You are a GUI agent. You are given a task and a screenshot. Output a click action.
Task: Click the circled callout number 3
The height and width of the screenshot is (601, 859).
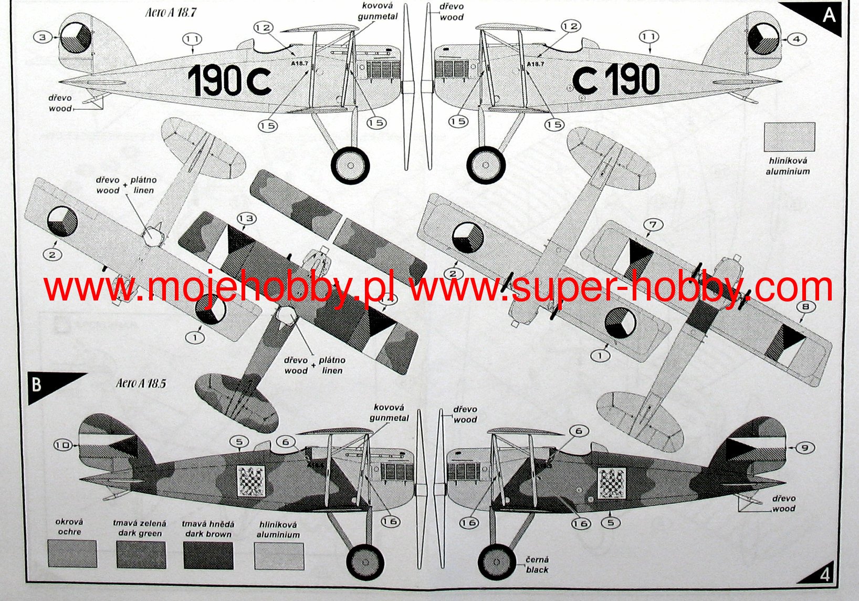[43, 37]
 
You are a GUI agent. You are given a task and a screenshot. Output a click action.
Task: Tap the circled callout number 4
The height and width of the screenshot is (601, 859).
[797, 39]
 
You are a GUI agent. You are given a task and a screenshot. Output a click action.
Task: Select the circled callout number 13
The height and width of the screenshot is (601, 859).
[247, 219]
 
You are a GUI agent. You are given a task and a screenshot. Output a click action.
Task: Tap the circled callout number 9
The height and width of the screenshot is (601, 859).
[804, 448]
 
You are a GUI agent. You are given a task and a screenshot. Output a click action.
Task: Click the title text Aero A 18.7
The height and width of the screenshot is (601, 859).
[171, 13]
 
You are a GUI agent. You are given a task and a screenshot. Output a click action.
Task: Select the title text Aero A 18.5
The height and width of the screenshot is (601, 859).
[141, 383]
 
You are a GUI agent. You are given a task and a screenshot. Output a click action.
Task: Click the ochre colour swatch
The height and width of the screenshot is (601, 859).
[72, 554]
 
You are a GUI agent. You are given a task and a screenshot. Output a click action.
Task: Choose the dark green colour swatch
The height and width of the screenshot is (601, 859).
[141, 555]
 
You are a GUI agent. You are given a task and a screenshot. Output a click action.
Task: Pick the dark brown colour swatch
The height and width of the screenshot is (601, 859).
[208, 555]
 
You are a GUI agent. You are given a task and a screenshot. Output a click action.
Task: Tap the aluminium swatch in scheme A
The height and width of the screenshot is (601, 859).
[789, 137]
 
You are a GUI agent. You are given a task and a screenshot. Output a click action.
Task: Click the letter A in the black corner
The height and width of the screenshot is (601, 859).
[829, 15]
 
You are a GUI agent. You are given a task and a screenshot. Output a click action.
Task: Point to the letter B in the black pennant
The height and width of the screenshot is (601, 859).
[36, 384]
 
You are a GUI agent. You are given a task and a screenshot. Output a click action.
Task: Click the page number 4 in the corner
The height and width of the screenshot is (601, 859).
[824, 575]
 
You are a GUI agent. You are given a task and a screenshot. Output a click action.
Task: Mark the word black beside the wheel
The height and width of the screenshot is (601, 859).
[537, 570]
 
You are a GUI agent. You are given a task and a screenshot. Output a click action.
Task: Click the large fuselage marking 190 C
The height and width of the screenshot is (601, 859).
[229, 80]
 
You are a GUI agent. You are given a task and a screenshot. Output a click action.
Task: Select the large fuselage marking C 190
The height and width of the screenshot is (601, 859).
[616, 79]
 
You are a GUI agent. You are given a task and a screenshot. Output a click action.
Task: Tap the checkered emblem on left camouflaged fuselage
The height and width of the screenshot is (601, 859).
[251, 481]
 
